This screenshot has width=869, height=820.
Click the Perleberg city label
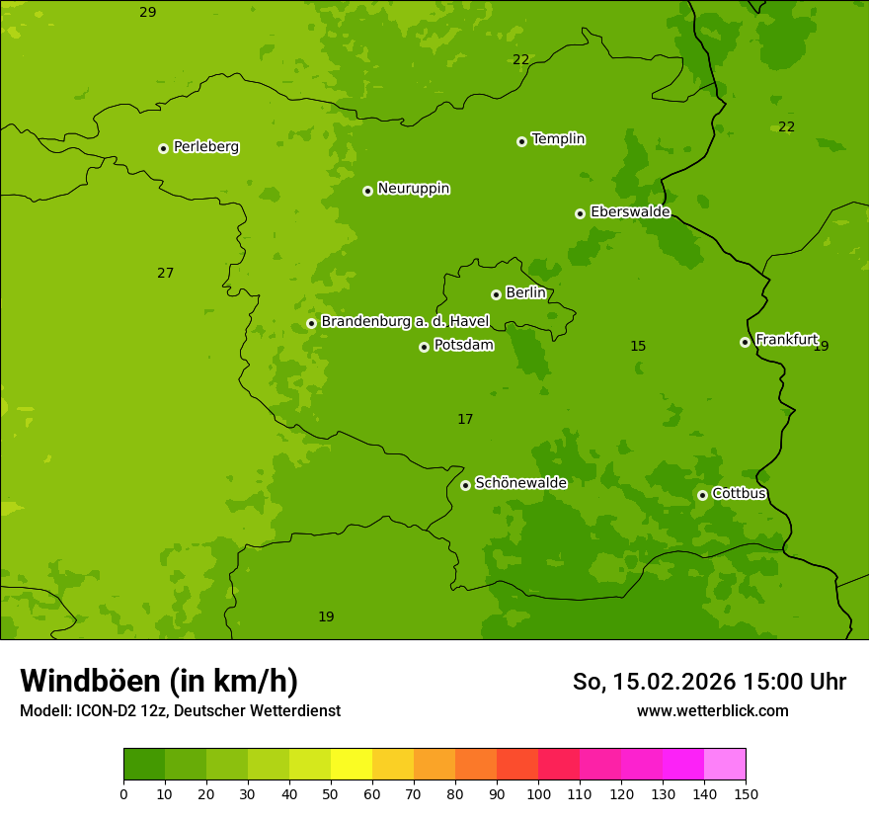click(205, 147)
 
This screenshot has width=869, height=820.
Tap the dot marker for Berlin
click(496, 294)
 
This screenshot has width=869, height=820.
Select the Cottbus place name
click(739, 494)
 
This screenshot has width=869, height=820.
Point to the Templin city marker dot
click(521, 141)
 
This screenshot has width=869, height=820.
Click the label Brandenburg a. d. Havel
click(405, 322)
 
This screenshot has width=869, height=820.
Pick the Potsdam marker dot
click(424, 347)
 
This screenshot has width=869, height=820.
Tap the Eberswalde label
click(630, 212)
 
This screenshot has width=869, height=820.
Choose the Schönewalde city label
click(520, 484)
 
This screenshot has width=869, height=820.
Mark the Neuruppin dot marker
click(367, 191)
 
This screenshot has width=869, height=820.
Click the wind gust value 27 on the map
click(165, 274)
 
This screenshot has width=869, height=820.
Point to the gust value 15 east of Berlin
click(638, 347)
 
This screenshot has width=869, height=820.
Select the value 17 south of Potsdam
click(465, 420)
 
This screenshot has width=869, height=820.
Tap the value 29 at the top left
click(147, 13)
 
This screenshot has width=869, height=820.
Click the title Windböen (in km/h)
click(159, 681)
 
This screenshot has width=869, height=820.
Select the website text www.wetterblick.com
click(712, 711)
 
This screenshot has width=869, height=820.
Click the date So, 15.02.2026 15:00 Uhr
click(709, 682)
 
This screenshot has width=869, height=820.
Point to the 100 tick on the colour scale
click(538, 793)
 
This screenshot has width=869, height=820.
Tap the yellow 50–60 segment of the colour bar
click(352, 765)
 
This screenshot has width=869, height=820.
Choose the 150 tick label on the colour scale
click(746, 793)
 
